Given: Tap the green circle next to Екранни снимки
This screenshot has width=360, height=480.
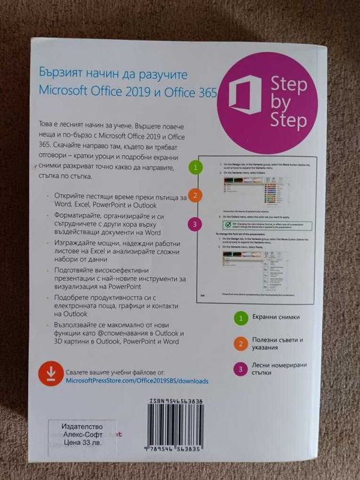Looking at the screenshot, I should tap(241, 318).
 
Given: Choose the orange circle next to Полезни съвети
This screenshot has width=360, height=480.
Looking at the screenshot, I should tap(241, 344).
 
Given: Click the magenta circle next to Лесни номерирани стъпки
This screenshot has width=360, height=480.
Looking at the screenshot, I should tap(241, 370).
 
